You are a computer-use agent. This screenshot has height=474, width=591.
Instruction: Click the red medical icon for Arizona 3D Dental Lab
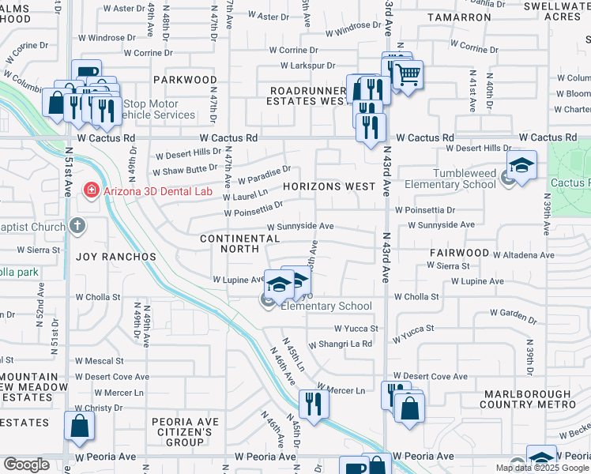(x=92, y=190)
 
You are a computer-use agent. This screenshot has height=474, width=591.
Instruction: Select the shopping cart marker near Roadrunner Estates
(x=408, y=76)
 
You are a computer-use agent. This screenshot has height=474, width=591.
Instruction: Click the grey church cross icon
(x=77, y=226)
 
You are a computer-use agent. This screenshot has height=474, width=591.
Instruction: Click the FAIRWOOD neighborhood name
(x=460, y=253)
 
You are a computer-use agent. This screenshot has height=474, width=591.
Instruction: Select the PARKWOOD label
(x=185, y=80)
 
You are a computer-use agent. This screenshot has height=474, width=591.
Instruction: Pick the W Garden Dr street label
(x=511, y=315)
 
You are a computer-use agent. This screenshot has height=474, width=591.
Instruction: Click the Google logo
(x=26, y=465)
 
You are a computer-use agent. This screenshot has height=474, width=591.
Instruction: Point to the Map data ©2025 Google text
(x=541, y=468)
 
